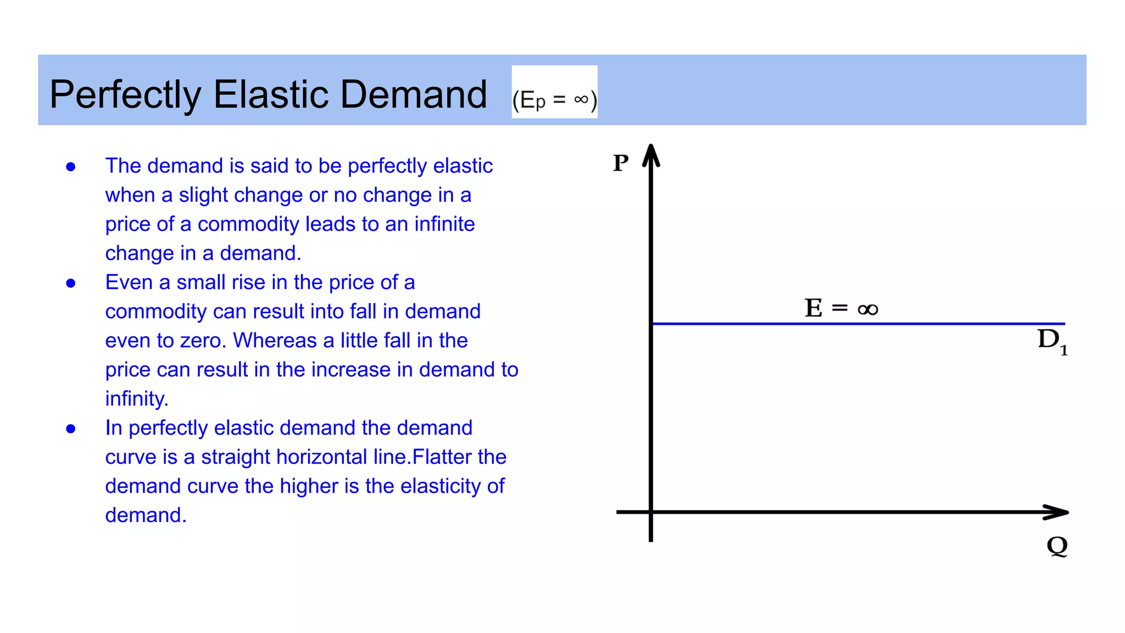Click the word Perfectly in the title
(x=125, y=95)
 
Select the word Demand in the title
(x=414, y=94)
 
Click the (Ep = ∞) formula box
(x=554, y=92)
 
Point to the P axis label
(x=621, y=163)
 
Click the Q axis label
(x=1057, y=546)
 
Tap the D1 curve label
(x=1051, y=341)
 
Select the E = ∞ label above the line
(x=841, y=308)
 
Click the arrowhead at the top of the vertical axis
(x=651, y=154)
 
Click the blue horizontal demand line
(x=857, y=324)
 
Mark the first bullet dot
(x=71, y=166)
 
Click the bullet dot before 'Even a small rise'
(x=71, y=283)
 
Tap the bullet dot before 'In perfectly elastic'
(x=71, y=429)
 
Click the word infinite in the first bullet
(x=444, y=224)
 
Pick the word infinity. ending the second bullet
(x=136, y=399)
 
